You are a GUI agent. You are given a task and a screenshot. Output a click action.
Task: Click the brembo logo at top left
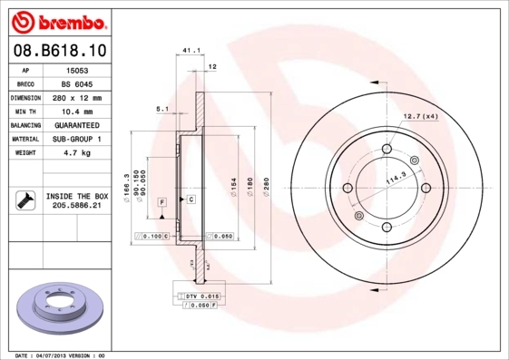pos(56,20)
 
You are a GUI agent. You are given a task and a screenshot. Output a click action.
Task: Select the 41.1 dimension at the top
pos(191,51)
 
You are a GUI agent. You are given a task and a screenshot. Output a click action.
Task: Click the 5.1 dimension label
pos(162,109)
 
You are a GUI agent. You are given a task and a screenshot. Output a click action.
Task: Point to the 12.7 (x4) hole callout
pos(420,116)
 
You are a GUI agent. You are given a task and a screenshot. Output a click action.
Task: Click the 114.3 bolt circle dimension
pos(396,180)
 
